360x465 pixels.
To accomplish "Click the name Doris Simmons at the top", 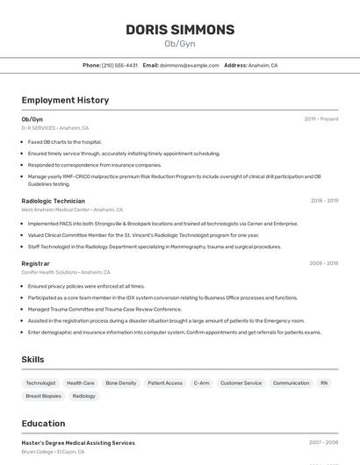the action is click(x=180, y=30).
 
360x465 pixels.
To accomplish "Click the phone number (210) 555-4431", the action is click(x=119, y=65).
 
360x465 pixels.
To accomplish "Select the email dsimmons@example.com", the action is click(x=189, y=65).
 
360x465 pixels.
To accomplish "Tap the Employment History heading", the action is click(x=65, y=100).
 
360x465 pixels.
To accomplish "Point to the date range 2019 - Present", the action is click(x=321, y=119).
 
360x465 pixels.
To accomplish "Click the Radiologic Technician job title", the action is click(x=53, y=201).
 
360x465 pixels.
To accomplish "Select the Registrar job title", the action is click(x=35, y=263).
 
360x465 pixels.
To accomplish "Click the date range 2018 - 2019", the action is click(x=324, y=201).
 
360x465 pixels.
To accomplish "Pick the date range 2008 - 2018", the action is click(x=323, y=263).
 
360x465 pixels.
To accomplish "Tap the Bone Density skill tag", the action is click(x=121, y=383).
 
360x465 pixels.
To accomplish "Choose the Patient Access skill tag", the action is click(x=165, y=383).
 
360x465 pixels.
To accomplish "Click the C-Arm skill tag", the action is click(x=201, y=383).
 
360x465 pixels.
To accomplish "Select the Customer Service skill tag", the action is click(x=241, y=383).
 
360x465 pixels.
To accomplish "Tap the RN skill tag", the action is click(x=324, y=383).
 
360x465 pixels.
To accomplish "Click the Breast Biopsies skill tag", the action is click(x=43, y=396).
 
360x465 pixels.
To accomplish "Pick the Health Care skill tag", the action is click(x=81, y=383).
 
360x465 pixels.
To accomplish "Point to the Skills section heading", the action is click(x=32, y=360).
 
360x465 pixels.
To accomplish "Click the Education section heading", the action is click(x=43, y=423).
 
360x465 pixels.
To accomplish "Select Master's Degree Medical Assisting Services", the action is click(x=78, y=443).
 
